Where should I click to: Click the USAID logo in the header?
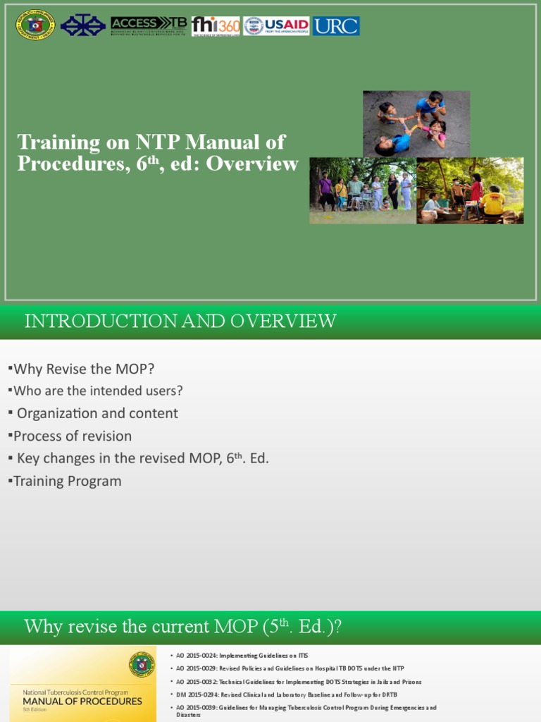pos(277,26)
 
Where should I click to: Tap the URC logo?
pos(336,26)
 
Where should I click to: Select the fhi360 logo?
pos(216,26)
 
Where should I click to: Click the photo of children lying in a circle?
pos(416,123)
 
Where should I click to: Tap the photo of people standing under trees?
pos(363,190)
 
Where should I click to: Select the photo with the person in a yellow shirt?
pos(470,190)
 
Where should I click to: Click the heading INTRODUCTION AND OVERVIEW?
pos(180,322)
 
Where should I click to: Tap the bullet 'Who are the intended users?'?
pos(98,391)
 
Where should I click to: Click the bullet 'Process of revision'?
pos(72,436)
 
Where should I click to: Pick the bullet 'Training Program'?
pos(67,481)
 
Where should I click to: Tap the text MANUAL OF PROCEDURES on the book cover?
pos(82,702)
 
